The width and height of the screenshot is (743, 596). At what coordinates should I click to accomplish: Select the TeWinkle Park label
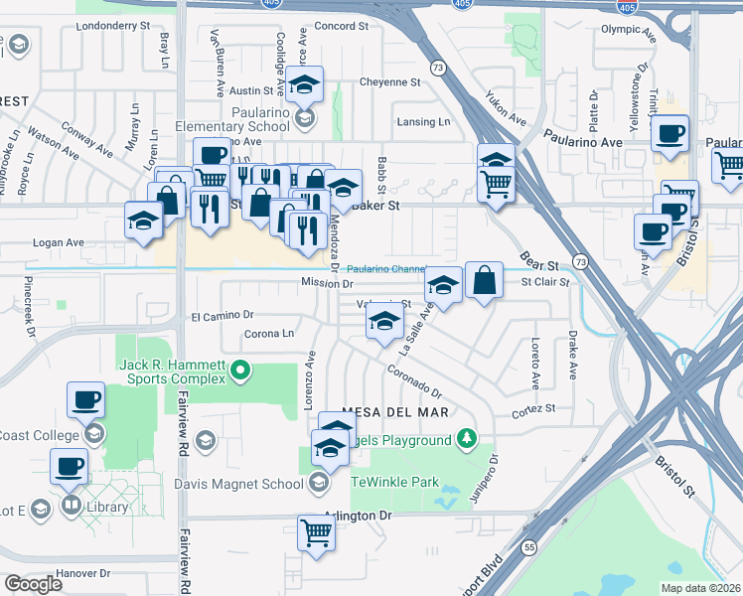pyautogui.click(x=395, y=482)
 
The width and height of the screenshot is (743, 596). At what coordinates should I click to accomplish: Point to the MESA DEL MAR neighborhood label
pyautogui.click(x=396, y=411)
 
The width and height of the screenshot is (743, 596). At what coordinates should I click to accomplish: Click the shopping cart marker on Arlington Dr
pyautogui.click(x=316, y=531)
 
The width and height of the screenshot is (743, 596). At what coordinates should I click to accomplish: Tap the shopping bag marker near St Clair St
pyautogui.click(x=484, y=281)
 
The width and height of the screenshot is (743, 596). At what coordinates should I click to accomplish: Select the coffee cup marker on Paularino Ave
pyautogui.click(x=670, y=133)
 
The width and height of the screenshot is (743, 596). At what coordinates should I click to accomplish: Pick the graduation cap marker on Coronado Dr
pyautogui.click(x=384, y=322)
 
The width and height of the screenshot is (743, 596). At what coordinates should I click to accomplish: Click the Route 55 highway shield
pyautogui.click(x=529, y=547)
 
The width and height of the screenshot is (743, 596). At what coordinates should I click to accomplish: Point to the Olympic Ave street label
pyautogui.click(x=629, y=30)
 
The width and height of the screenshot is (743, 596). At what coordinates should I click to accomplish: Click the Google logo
pyautogui.click(x=33, y=584)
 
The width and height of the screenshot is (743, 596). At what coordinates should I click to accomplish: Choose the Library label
pyautogui.click(x=107, y=507)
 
